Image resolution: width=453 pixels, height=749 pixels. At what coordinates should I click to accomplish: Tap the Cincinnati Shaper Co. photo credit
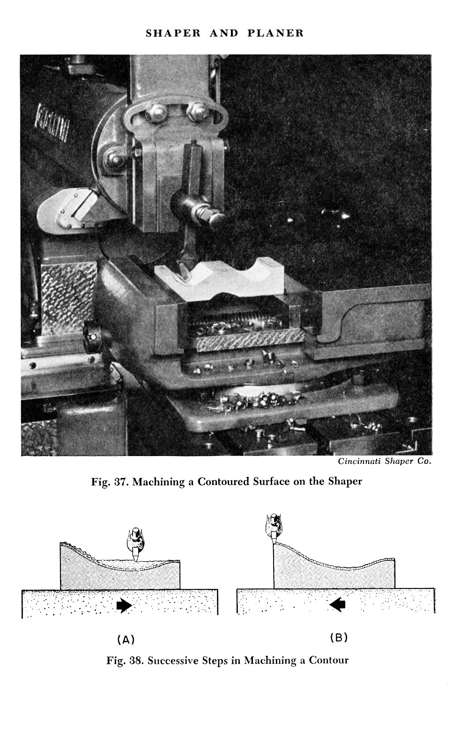click(384, 461)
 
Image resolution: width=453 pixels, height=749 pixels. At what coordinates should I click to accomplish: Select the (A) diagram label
click(125, 639)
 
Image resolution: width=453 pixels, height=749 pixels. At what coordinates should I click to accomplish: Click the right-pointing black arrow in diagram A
click(124, 606)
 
